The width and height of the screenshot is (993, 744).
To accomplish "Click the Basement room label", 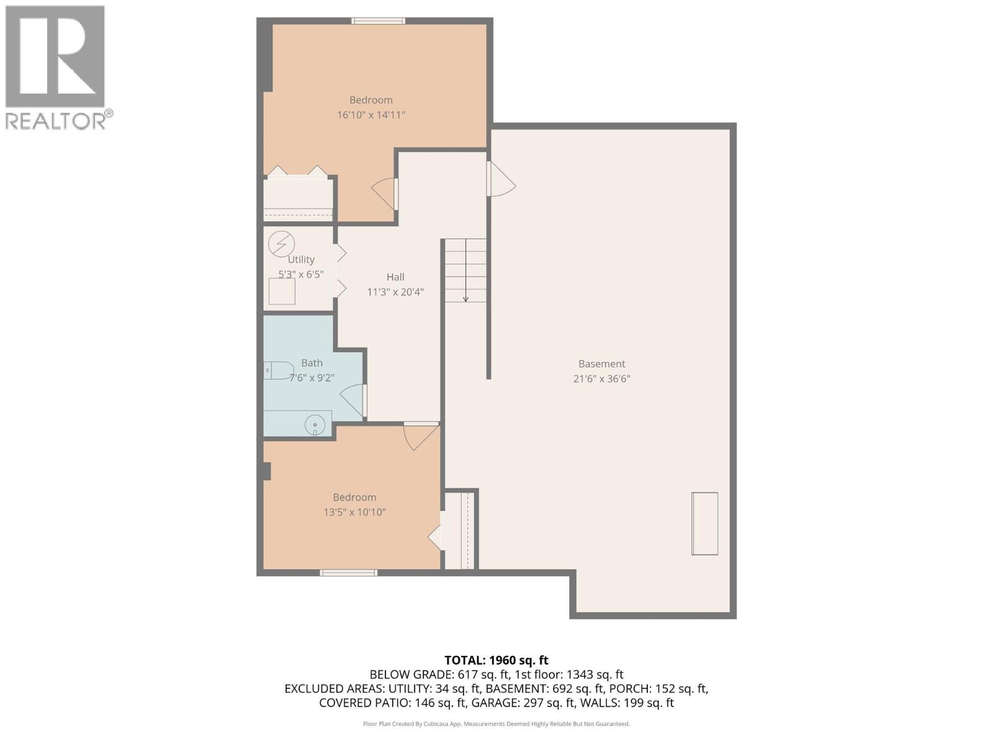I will pyautogui.click(x=601, y=364).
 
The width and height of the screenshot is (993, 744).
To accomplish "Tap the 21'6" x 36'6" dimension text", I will pyautogui.click(x=601, y=379).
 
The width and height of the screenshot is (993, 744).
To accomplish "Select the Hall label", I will pyautogui.click(x=395, y=277).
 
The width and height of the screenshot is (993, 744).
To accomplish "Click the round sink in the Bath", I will pyautogui.click(x=315, y=425).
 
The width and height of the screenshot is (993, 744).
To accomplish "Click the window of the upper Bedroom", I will pyautogui.click(x=379, y=21).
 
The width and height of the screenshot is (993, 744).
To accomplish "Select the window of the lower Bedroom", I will pyautogui.click(x=348, y=573).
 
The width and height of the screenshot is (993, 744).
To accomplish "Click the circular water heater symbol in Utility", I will pyautogui.click(x=281, y=244).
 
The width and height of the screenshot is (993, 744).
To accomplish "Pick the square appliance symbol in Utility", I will pyautogui.click(x=282, y=291).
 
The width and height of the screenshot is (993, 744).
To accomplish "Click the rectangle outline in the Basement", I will pyautogui.click(x=705, y=523).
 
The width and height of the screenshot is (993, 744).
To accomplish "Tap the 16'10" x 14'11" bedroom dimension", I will pyautogui.click(x=371, y=115).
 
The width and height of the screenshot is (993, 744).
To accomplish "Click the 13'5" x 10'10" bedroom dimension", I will pyautogui.click(x=354, y=512).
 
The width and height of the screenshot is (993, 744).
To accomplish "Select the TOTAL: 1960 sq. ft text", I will pyautogui.click(x=496, y=660).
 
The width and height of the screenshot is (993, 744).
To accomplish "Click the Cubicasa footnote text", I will pyautogui.click(x=496, y=724).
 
